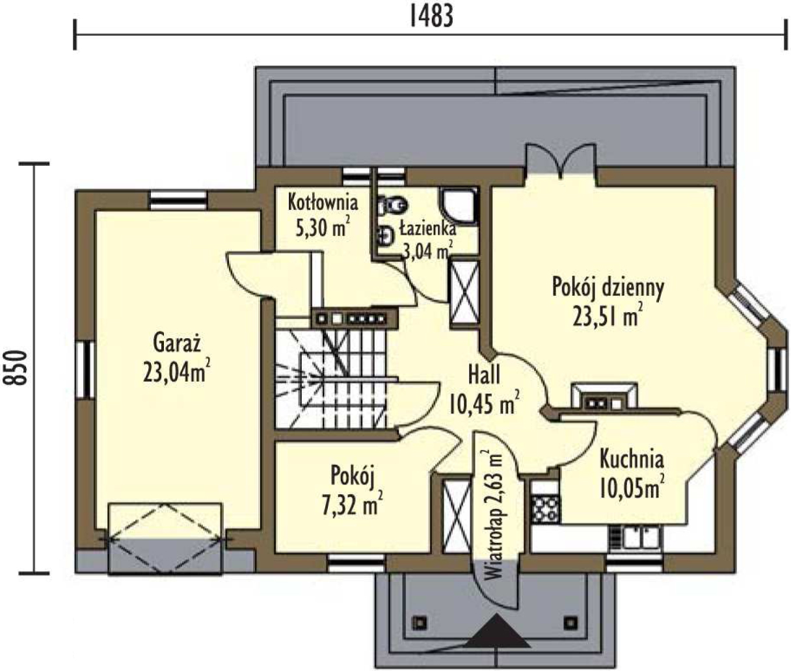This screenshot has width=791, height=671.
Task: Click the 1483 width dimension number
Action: (x=432, y=17)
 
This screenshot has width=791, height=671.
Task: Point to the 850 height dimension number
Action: (x=16, y=367)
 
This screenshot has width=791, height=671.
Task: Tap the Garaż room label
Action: (x=177, y=343)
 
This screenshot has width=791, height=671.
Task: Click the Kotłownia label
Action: (x=323, y=203)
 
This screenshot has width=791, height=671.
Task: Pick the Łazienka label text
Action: (x=428, y=229)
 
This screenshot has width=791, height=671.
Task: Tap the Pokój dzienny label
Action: (x=608, y=287)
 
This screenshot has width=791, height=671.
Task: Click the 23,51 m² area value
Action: (x=608, y=316)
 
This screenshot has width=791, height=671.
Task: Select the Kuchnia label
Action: (x=632, y=460)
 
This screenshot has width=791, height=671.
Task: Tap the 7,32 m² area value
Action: (x=353, y=504)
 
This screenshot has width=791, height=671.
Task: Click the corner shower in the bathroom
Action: (x=459, y=206)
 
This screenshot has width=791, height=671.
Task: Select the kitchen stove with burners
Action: (x=545, y=510)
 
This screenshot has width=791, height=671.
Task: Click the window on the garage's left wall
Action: (x=85, y=370)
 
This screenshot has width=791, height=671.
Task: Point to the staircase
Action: (x=331, y=379)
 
